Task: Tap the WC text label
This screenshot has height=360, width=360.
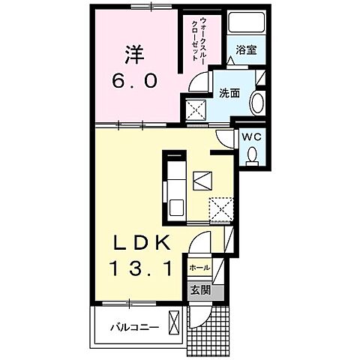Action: tap(251, 137)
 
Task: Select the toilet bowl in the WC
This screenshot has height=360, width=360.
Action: tap(253, 154)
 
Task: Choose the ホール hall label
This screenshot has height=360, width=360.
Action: tap(199, 268)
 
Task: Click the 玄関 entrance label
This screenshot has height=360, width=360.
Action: tap(199, 289)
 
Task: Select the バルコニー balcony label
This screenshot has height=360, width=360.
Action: tap(131, 326)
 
